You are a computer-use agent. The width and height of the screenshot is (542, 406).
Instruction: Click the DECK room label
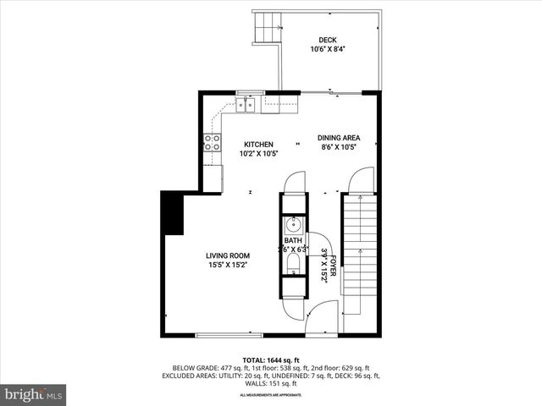click(327, 40)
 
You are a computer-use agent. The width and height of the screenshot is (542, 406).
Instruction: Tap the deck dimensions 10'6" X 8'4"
click(327, 49)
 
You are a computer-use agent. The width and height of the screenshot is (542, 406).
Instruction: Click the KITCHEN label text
click(258, 144)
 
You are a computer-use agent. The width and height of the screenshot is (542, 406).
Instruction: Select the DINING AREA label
click(338, 138)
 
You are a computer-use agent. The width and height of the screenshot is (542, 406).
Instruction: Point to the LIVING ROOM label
click(228, 255)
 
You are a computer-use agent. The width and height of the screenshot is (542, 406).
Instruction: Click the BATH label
click(292, 241)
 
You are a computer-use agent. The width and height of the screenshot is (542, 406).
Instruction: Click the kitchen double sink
click(246, 105)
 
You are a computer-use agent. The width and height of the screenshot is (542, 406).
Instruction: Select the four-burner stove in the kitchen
click(212, 142)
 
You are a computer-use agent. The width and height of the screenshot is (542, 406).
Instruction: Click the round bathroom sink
click(293, 225)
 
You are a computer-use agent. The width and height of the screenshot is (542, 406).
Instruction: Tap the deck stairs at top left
click(268, 27)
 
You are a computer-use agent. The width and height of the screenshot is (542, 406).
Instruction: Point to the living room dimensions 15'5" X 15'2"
click(228, 265)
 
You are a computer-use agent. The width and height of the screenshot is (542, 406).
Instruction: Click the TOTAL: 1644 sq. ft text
click(271, 359)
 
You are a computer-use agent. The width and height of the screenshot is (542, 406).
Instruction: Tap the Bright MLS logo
click(34, 394)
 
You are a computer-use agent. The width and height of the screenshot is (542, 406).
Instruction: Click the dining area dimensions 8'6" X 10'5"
click(338, 147)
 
